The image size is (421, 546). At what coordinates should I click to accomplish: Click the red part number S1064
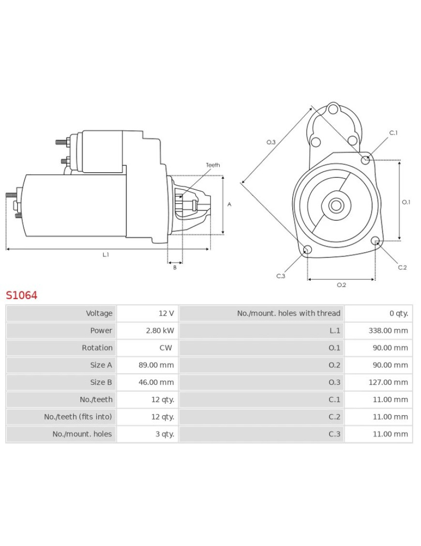click(x=21, y=295)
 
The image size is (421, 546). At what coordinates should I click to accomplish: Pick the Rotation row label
click(x=97, y=348)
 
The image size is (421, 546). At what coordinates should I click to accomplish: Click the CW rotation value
click(x=165, y=348)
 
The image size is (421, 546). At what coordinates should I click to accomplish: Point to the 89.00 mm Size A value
click(x=156, y=365)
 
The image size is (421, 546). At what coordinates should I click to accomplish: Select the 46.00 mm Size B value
click(x=156, y=382)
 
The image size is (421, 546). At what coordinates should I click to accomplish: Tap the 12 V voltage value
click(x=166, y=313)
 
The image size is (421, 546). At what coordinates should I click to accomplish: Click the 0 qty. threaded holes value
click(x=399, y=313)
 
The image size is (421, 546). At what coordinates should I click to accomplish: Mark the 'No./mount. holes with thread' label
click(x=288, y=313)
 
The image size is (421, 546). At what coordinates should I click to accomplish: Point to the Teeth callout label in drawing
click(x=213, y=165)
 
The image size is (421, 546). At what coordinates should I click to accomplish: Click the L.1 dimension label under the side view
click(x=105, y=255)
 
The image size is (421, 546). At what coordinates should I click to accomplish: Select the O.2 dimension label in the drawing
click(x=341, y=285)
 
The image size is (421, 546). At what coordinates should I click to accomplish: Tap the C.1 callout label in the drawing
click(x=393, y=133)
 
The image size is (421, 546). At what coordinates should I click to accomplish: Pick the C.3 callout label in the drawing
click(x=281, y=276)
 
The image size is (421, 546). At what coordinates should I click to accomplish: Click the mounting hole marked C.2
click(x=375, y=241)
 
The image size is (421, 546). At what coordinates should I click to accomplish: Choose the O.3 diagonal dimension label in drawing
click(x=271, y=142)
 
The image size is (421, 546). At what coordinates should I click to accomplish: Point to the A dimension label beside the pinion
click(x=229, y=204)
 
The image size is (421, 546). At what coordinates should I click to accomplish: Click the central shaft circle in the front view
click(x=335, y=205)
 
